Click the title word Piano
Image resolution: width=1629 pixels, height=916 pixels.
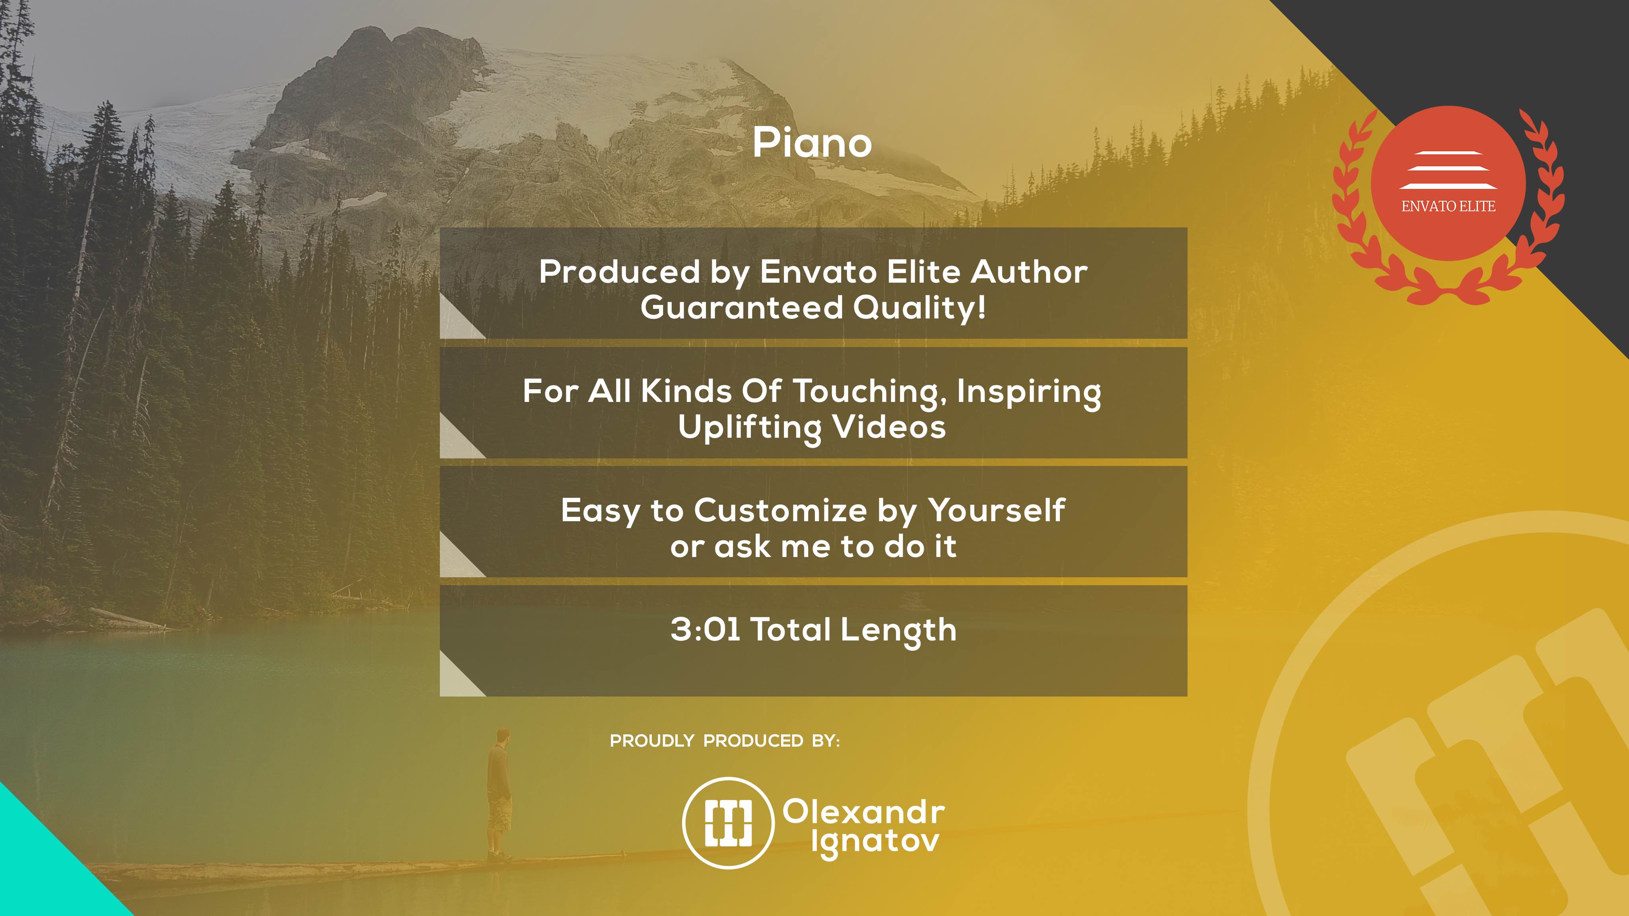click(813, 143)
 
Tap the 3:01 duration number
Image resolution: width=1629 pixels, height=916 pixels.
click(705, 630)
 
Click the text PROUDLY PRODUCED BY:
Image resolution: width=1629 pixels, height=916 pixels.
click(725, 741)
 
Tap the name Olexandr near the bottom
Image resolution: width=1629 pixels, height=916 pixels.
click(864, 812)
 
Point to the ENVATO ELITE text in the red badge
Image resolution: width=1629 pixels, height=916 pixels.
click(1448, 206)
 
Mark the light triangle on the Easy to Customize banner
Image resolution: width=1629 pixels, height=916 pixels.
click(455, 562)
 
